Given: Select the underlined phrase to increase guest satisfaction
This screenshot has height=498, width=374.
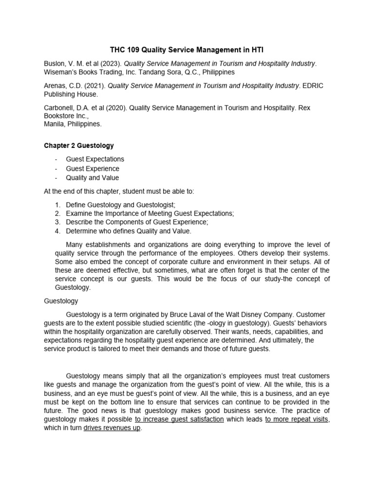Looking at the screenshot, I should click(x=179, y=419).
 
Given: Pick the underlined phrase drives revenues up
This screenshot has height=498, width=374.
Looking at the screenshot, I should click(x=112, y=428).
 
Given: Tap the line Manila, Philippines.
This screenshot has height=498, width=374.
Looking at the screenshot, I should click(x=72, y=124).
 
